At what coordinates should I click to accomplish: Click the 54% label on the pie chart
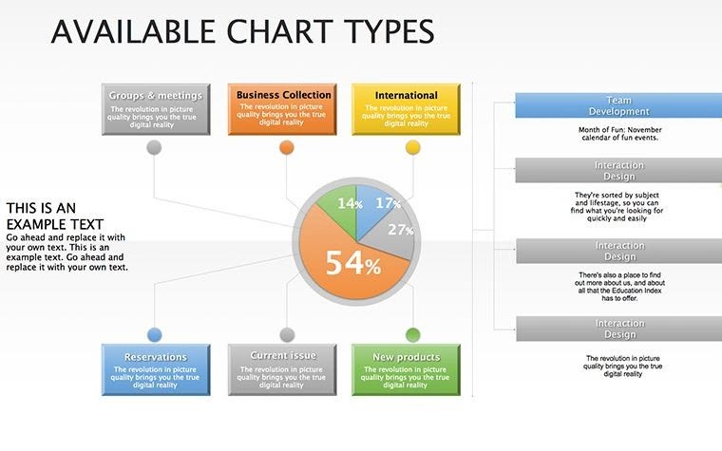[352, 262]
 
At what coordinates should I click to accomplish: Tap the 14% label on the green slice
[350, 203]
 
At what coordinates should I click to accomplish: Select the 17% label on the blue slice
[388, 203]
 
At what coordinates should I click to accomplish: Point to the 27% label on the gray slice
[401, 230]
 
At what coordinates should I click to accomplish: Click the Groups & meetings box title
[156, 95]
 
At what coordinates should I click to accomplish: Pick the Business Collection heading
[284, 95]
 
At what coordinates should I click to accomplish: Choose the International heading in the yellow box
[406, 95]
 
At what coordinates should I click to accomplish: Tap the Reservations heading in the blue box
[156, 357]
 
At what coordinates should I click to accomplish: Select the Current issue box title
[283, 356]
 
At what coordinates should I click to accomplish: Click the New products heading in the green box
[406, 357]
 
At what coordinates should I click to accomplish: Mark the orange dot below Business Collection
[286, 148]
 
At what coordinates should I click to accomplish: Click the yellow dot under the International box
[412, 148]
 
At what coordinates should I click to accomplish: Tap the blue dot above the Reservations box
[155, 334]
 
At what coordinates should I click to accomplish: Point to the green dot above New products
[412, 334]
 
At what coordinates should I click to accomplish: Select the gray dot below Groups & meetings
[155, 148]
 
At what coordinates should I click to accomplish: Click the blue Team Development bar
[618, 105]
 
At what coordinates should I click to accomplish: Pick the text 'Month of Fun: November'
[617, 129]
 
